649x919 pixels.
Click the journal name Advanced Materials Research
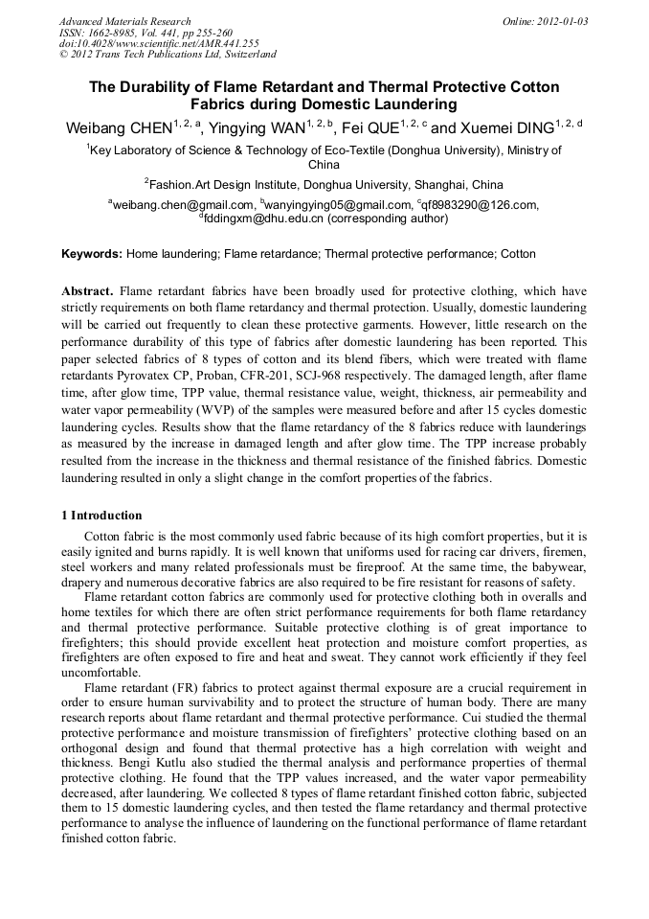pos(124,21)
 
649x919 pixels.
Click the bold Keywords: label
pos(92,254)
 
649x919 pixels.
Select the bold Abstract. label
pos(88,290)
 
